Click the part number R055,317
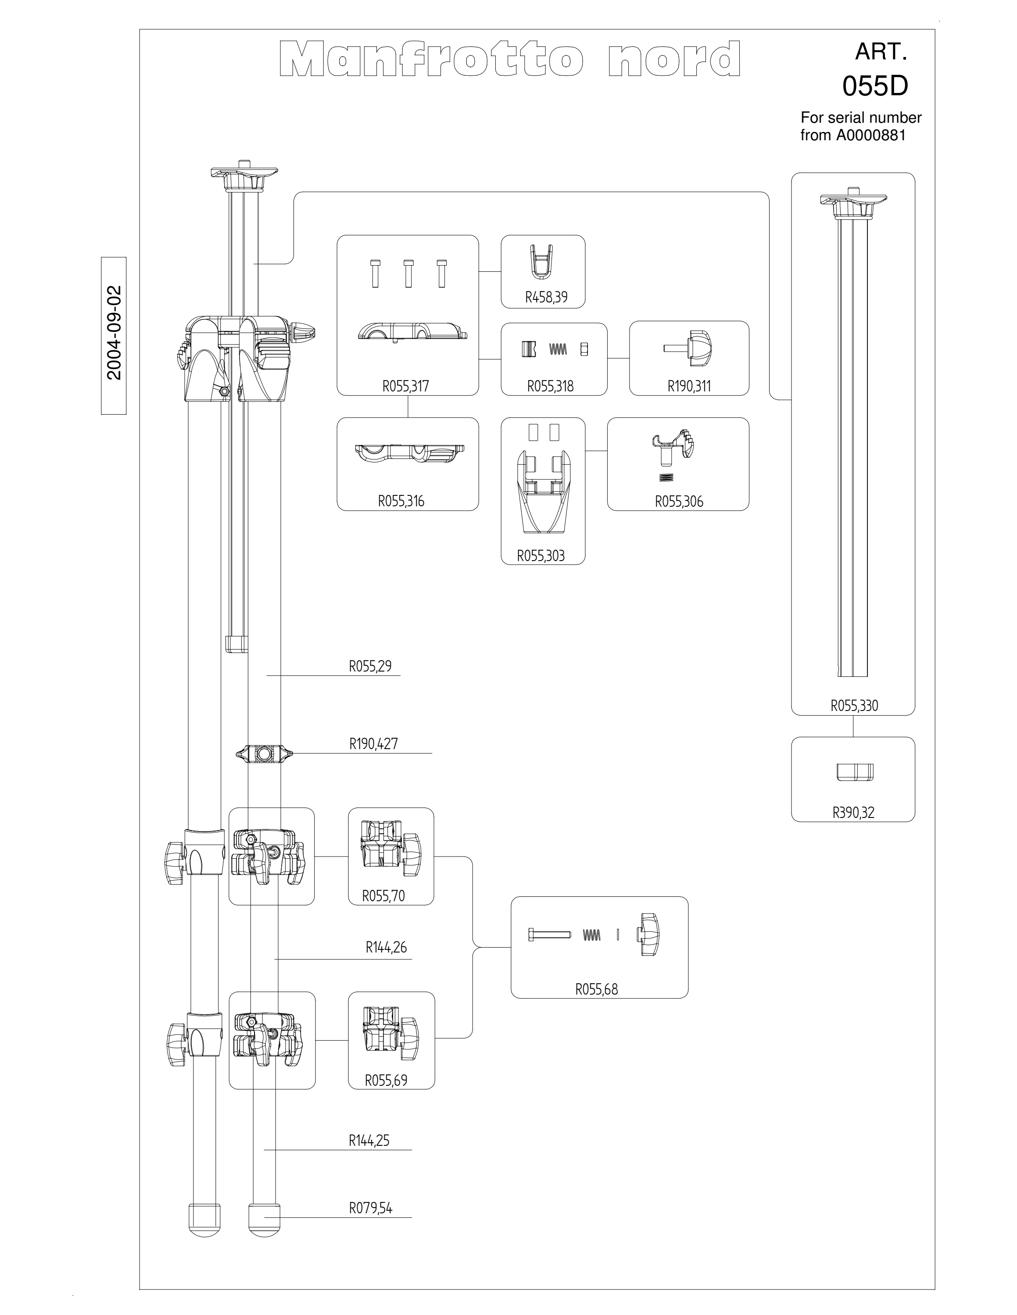(405, 386)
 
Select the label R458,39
(546, 297)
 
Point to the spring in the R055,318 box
(558, 348)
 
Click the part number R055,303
(541, 556)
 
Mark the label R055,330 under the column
(854, 706)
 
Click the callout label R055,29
(370, 666)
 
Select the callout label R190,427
(373, 743)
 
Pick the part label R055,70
(383, 896)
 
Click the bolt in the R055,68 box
(549, 935)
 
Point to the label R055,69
(386, 1080)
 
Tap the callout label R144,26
(386, 947)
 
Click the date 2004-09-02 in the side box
(114, 333)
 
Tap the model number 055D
(875, 86)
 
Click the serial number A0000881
(870, 135)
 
